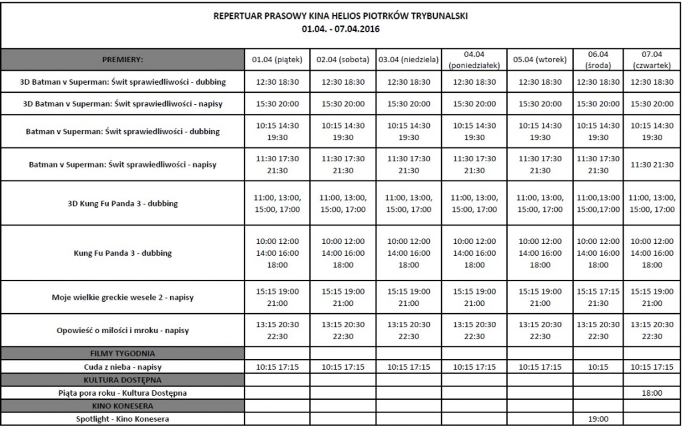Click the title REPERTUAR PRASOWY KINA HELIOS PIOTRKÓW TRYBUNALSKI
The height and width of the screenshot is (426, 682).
341,16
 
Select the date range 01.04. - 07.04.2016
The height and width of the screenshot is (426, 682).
341,29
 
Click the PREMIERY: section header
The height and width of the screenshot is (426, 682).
123,59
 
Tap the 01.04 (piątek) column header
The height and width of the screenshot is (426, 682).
277,59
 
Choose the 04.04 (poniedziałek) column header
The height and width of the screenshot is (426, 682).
474,60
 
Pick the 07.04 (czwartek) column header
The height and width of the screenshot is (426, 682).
652,60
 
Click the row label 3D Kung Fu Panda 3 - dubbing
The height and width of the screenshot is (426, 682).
123,204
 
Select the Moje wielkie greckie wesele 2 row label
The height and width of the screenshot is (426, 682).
123,297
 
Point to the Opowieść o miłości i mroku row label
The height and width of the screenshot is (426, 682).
123,330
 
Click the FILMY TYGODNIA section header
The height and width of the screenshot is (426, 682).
123,353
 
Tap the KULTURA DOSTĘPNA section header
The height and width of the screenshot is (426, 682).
123,380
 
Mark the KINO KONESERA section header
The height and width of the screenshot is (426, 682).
123,406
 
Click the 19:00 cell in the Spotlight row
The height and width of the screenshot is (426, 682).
598,419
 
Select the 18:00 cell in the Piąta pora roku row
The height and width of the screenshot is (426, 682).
652,393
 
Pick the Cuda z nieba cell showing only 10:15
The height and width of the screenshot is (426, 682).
598,367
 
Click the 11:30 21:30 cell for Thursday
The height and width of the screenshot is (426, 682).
652,164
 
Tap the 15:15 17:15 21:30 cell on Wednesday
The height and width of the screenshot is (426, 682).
598,297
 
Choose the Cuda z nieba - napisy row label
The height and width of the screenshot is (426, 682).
123,367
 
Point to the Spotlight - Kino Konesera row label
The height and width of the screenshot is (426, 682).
123,419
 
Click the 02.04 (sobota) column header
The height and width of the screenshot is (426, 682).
343,59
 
